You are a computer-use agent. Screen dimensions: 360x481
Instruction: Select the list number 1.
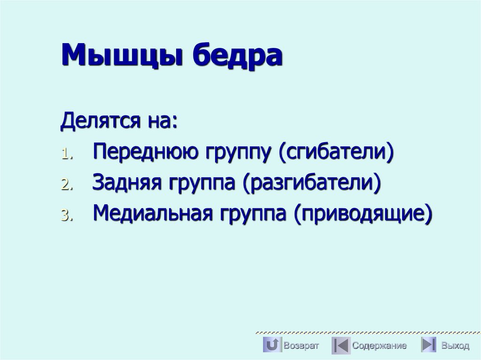point(65,155)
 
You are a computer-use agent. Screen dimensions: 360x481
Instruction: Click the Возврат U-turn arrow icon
point(272,345)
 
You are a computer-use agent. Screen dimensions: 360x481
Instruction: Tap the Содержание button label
point(380,346)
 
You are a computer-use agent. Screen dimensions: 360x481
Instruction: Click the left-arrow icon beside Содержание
point(341,345)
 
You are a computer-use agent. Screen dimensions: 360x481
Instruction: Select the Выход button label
point(455,346)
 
